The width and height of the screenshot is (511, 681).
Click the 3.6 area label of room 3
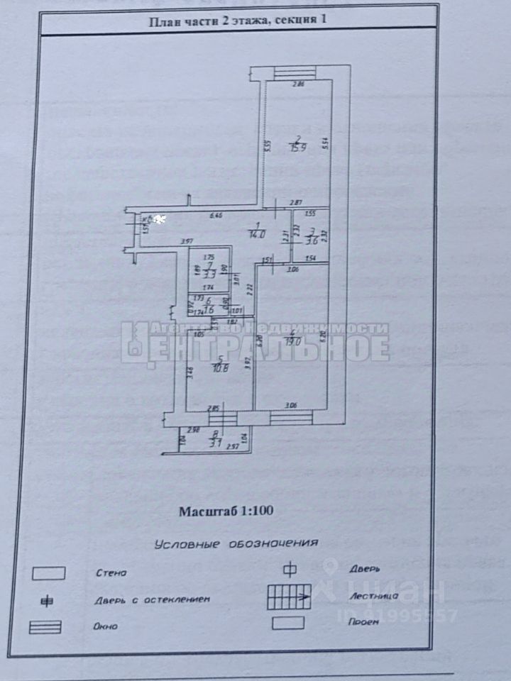point(311,240)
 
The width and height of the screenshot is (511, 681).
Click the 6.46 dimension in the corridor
point(216,216)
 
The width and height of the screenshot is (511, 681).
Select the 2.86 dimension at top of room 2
point(299,84)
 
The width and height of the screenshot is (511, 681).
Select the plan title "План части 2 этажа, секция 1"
point(237,21)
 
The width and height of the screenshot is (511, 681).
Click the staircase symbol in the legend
point(288,596)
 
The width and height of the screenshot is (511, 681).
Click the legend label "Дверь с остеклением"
point(152,599)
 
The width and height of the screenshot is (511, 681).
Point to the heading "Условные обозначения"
point(235,543)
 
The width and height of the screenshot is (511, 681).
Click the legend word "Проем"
point(363,621)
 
